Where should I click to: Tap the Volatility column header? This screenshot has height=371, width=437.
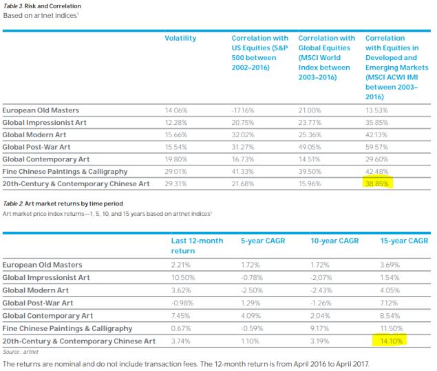[180, 39]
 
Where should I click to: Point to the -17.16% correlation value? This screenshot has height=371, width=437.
[243, 110]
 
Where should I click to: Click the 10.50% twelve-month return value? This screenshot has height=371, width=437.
[182, 277]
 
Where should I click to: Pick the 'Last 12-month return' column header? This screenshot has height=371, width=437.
[196, 245]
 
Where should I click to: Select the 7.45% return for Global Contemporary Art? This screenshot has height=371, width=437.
[181, 315]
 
